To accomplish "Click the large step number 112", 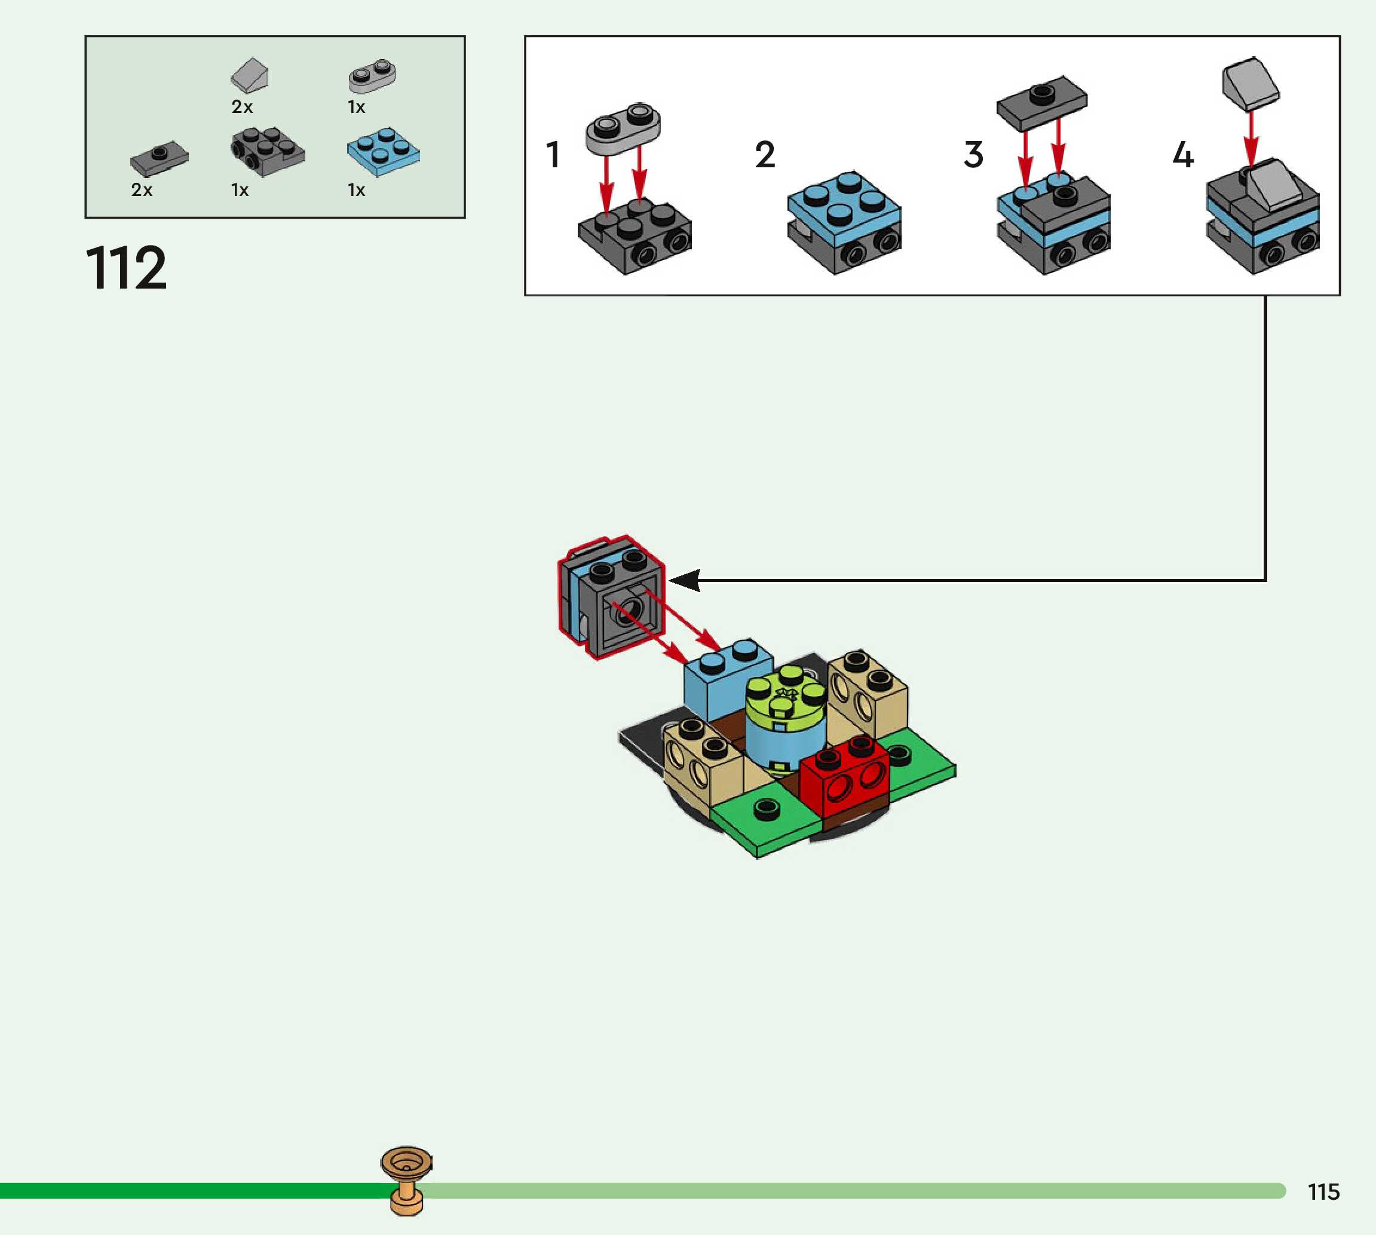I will point(126,268).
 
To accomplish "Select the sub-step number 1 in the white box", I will point(553,155).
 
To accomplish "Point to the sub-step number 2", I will point(765,155).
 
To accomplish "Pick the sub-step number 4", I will point(1182,155).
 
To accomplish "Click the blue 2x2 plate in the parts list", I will point(384,151).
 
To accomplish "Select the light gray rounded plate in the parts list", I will point(372,75).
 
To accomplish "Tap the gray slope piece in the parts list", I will point(250,75).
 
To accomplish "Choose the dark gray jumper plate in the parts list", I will point(160,158).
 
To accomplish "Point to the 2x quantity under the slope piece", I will point(242,106).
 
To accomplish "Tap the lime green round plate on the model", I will point(786,699).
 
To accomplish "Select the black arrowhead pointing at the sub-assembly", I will point(685,580).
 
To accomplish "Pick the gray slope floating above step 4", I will point(1251,84).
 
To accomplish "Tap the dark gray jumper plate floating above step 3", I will point(1041,102).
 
